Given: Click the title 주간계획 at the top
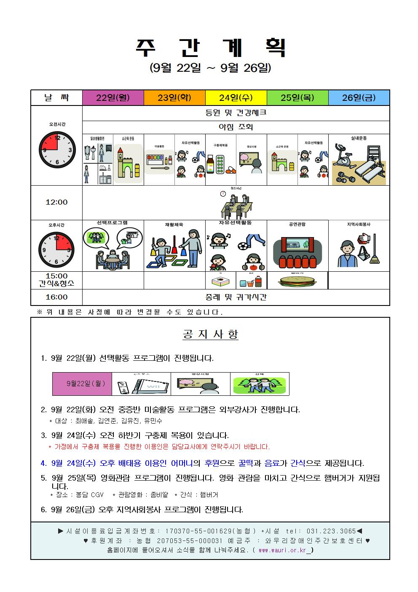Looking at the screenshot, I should tap(210, 48).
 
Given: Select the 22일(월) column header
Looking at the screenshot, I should tap(113, 98).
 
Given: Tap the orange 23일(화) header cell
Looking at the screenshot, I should tap(174, 98).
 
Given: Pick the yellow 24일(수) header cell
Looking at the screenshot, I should tap(236, 98).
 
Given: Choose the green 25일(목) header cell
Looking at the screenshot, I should tap(297, 98).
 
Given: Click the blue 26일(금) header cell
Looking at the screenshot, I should tap(359, 98).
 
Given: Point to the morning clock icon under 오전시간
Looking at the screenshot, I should tap(57, 150).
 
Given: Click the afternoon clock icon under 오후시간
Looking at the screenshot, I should tap(56, 249).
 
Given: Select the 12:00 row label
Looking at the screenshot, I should tap(56, 202).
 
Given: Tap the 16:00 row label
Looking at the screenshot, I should tap(56, 297).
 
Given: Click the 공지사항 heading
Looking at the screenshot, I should tap(210, 335).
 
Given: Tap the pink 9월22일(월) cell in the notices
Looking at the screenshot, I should tap(82, 384).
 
